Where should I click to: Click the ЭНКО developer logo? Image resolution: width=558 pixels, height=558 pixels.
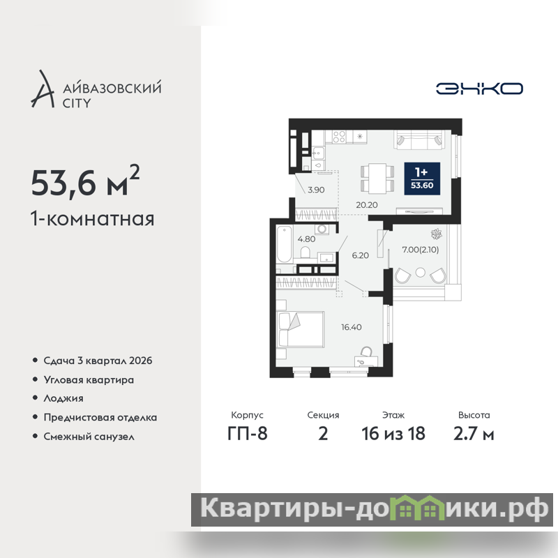479,89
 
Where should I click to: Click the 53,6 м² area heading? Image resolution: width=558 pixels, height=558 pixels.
85,181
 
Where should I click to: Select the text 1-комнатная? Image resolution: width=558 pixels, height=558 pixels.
93,219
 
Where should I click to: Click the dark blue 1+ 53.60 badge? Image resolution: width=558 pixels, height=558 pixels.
422,179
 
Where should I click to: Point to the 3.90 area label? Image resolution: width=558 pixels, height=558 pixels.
316,190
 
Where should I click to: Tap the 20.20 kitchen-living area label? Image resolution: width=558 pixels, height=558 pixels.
367,205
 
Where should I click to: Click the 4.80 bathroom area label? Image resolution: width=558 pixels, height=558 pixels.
306,239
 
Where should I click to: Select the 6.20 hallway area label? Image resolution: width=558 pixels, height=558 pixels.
360,255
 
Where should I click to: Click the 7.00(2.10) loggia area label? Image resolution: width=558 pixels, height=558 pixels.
421,250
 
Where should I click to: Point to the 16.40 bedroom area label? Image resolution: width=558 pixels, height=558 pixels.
352,327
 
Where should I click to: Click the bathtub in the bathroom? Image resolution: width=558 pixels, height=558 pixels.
285,244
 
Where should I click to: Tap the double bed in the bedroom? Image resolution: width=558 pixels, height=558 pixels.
301,329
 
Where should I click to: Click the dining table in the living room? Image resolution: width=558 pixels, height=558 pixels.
377,179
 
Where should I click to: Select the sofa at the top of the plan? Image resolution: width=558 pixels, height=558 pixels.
420,140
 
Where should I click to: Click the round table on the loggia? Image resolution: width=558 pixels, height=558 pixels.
421,273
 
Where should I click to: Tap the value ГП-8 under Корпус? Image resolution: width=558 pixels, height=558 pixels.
248,434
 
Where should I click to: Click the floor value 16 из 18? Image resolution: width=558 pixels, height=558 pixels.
393,434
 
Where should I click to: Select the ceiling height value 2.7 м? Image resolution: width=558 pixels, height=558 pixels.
474,434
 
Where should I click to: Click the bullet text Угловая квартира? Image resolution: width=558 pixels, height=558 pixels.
89,380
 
